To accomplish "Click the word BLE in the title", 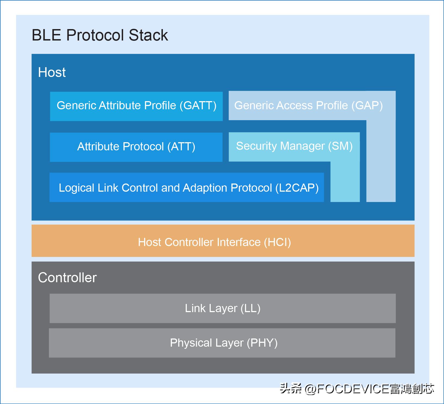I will [x=46, y=35].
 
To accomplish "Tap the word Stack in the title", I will [x=148, y=35].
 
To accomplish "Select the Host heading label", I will [x=52, y=72].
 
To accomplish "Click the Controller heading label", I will [x=67, y=278].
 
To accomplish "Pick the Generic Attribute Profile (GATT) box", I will [x=136, y=106].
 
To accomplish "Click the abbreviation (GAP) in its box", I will [x=367, y=105].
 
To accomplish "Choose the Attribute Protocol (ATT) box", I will [x=136, y=147].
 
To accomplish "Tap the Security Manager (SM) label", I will [x=294, y=146].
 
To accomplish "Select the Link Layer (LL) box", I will [x=222, y=308].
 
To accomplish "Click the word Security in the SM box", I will [x=256, y=146].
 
